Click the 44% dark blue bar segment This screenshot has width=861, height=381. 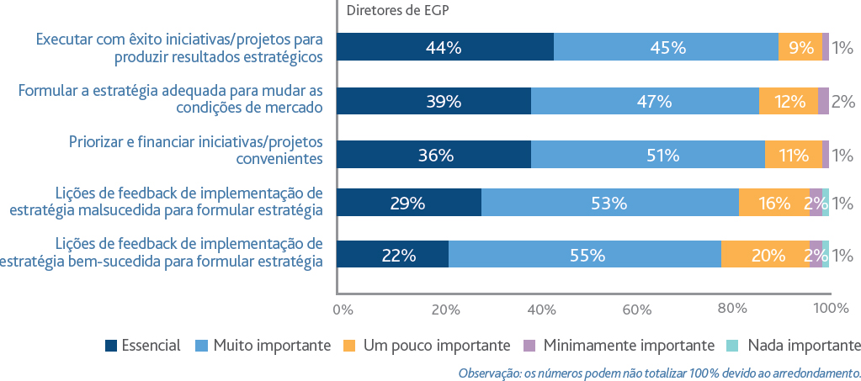(445, 46)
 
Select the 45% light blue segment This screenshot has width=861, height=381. (666, 46)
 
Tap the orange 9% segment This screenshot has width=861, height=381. (800, 46)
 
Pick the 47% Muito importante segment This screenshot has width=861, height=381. (646, 101)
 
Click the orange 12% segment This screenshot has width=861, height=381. (789, 101)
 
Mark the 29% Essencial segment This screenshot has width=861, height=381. (409, 202)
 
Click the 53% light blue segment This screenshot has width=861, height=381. (610, 202)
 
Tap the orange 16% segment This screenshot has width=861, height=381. (774, 202)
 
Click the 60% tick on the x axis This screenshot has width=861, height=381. (637, 309)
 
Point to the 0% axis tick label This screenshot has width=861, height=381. (343, 309)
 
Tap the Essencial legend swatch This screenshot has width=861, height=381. (111, 346)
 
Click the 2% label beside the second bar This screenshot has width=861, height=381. (842, 101)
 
